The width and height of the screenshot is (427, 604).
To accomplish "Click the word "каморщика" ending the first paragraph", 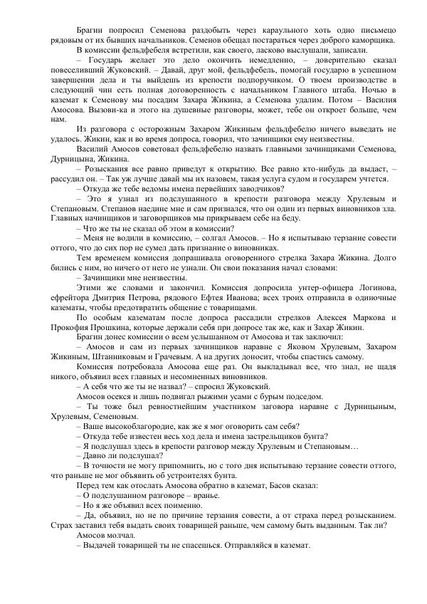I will [374, 41].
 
